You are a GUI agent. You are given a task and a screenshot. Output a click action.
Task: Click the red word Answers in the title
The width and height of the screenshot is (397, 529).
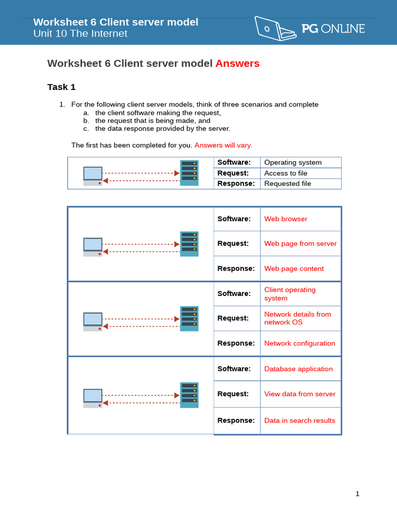(x=237, y=64)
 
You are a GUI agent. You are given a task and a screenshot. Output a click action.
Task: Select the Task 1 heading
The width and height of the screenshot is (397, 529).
(x=62, y=87)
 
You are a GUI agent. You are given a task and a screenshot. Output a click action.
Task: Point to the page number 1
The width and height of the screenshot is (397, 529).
(x=357, y=494)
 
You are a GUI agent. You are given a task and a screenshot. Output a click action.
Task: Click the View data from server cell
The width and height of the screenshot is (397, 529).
(x=300, y=394)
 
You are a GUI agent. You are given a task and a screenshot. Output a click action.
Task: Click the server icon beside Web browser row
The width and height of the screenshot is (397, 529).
(x=189, y=244)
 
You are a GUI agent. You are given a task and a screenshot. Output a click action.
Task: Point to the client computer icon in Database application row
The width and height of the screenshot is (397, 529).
(x=93, y=398)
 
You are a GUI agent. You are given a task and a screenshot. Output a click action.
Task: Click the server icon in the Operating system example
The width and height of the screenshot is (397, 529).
(x=189, y=173)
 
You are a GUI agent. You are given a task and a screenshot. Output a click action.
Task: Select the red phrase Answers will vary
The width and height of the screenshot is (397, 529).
(x=223, y=145)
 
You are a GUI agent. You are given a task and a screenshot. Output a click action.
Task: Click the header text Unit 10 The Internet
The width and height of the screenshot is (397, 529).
(x=80, y=34)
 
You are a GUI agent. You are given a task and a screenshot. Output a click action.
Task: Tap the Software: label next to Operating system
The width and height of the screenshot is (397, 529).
(x=234, y=162)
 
